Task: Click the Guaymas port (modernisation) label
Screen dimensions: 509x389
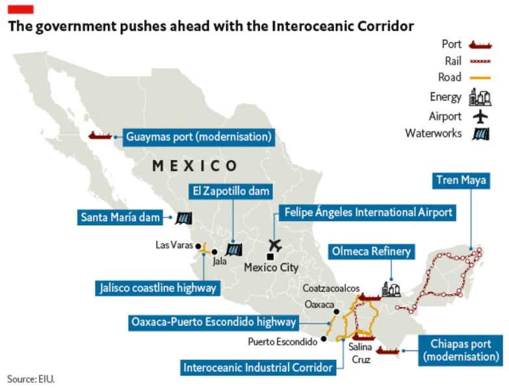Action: [198, 137]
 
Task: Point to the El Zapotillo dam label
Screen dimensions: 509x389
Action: [231, 191]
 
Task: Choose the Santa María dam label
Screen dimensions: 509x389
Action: [120, 217]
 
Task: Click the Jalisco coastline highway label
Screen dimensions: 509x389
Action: [158, 287]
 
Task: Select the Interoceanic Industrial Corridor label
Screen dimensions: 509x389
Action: [258, 367]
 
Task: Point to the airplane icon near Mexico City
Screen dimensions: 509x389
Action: [276, 246]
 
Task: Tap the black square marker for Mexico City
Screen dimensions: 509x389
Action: [269, 257]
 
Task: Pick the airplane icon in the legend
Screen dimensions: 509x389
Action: [480, 116]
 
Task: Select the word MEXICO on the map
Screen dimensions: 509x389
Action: [194, 166]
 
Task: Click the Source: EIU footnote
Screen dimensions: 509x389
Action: [31, 378]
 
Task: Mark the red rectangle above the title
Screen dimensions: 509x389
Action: [21, 9]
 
